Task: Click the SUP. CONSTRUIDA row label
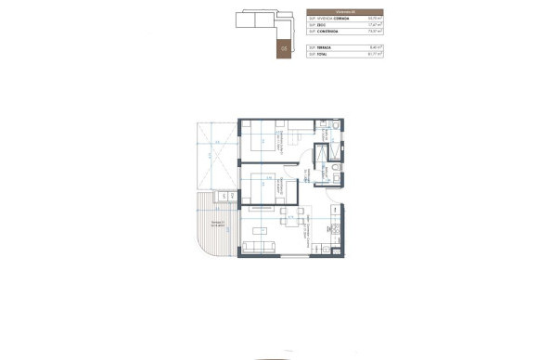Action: point(325,32)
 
